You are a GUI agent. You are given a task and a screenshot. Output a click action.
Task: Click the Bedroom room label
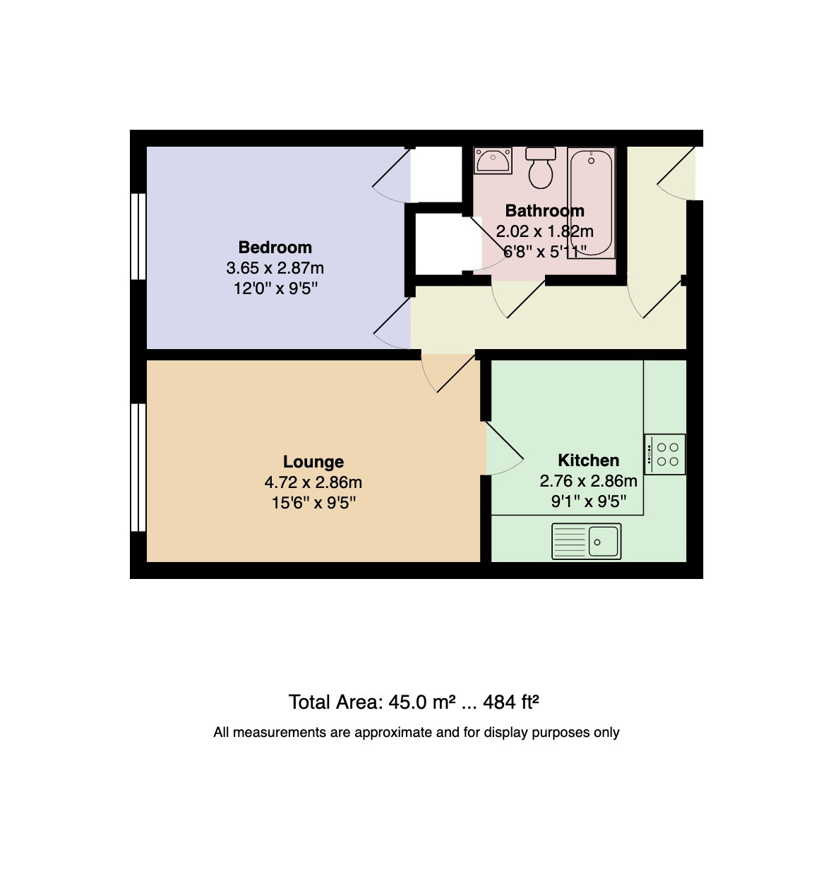point(275,247)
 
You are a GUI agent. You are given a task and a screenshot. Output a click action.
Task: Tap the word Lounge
point(313,461)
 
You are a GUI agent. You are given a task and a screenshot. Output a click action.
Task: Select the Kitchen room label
point(588,460)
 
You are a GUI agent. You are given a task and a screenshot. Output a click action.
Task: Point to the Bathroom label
point(544,210)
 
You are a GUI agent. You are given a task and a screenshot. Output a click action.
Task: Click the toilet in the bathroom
point(540,168)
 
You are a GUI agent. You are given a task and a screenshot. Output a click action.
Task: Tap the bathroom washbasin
point(493,161)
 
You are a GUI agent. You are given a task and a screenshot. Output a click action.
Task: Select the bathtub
point(591,203)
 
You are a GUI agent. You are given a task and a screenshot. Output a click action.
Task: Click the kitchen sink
point(586,542)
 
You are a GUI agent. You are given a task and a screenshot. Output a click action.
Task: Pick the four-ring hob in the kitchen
point(664,453)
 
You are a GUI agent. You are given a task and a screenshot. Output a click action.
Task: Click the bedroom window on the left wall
point(138,236)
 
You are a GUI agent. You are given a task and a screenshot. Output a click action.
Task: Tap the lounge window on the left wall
point(138,467)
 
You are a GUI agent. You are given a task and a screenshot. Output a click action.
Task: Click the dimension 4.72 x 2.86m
point(313,482)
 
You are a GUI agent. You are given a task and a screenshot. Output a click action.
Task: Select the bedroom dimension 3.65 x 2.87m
point(275,268)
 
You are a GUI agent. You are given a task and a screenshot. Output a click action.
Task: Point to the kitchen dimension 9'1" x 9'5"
point(588,501)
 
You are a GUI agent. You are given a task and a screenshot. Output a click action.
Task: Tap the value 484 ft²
point(510,702)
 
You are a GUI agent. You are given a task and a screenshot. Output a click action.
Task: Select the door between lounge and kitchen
point(504,448)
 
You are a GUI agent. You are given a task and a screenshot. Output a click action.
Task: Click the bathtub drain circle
point(591,161)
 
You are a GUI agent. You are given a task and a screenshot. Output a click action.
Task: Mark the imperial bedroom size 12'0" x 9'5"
point(275,288)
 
